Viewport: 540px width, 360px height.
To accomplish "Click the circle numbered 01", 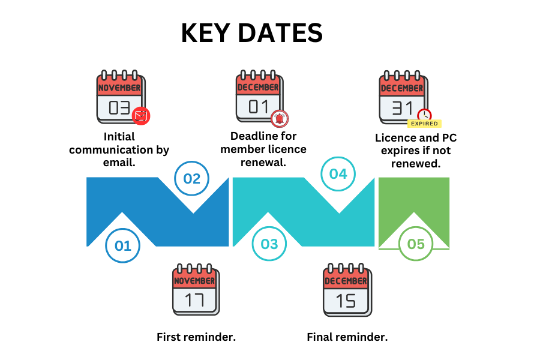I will [x=122, y=245].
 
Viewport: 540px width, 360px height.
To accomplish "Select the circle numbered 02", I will [x=191, y=178].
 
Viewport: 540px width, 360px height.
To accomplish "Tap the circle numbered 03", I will [x=269, y=244].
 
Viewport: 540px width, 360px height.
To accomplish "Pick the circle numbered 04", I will [x=338, y=174].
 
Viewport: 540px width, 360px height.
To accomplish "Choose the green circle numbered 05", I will [x=415, y=244].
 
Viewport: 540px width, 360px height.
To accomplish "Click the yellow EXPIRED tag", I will [x=424, y=124].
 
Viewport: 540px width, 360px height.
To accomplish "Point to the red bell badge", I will [x=279, y=118].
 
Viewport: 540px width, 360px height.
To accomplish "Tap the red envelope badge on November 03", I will [x=141, y=115].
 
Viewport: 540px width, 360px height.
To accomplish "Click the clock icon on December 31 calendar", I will [x=424, y=115].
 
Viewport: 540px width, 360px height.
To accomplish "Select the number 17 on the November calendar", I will [x=194, y=299].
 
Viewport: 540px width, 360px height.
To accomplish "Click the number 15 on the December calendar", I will [x=346, y=301].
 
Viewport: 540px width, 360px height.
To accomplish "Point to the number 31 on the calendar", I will [x=402, y=108].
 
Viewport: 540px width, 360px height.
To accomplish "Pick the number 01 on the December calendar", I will [x=258, y=106].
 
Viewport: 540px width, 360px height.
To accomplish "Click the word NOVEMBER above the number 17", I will [x=194, y=281].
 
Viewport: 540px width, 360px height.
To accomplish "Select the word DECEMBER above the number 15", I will [x=346, y=281].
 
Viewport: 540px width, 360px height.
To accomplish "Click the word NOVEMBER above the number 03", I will [x=119, y=88].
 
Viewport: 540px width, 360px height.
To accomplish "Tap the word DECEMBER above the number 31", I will [x=402, y=88].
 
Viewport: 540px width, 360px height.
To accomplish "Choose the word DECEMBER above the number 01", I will [x=258, y=87].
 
